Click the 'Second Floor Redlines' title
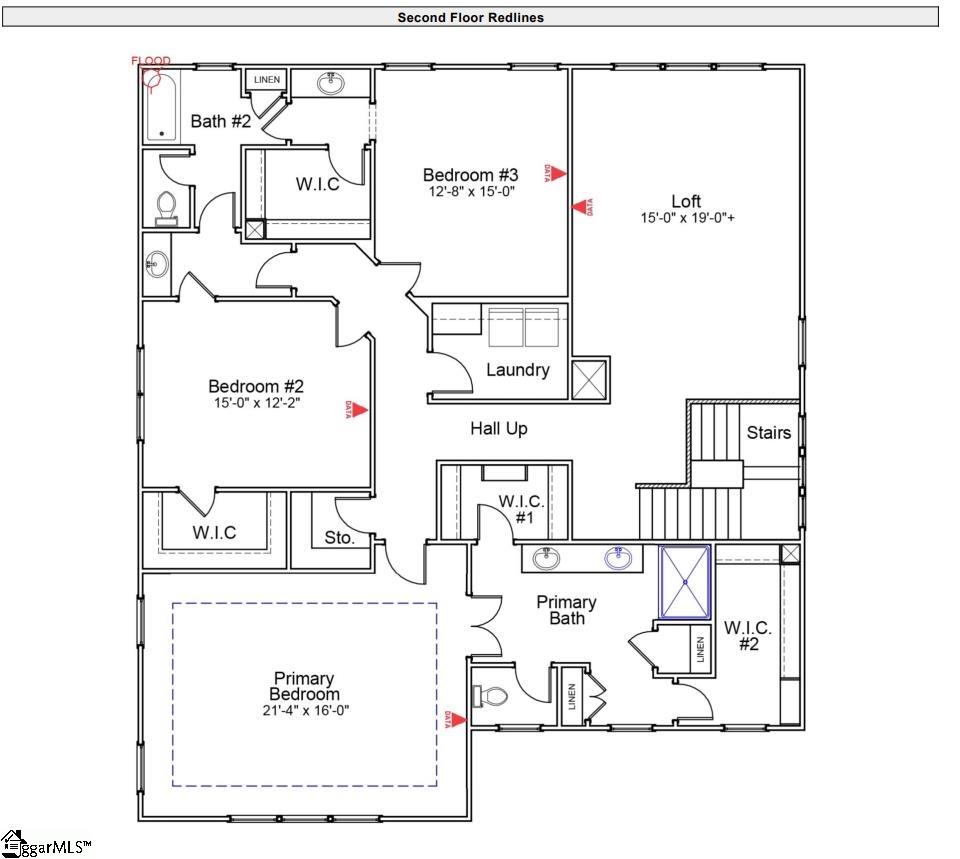[x=470, y=17]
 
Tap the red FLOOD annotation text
[x=151, y=61]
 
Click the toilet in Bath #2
[x=166, y=207]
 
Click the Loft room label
[x=686, y=202]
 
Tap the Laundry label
[x=517, y=370]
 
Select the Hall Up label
[x=498, y=428]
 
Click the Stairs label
[x=768, y=432]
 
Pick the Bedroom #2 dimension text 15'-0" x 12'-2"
[x=255, y=403]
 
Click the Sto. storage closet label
[x=339, y=538]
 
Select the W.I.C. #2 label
[x=748, y=635]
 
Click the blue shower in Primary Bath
[x=684, y=581]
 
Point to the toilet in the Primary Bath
[x=490, y=694]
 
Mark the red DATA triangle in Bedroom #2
[x=359, y=409]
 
